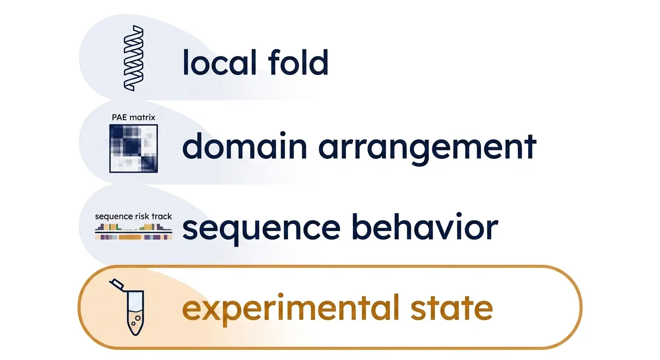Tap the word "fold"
tap(298, 62)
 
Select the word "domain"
tap(245, 146)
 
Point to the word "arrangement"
tap(427, 149)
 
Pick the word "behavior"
tap(425, 226)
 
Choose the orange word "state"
tap(451, 307)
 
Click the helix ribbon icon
tap(134, 58)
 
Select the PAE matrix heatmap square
tap(134, 149)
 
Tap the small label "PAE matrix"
tap(134, 118)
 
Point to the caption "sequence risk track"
tap(134, 217)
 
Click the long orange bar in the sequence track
tap(130, 237)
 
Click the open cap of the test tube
tap(116, 284)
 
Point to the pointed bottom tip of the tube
tap(135, 335)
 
